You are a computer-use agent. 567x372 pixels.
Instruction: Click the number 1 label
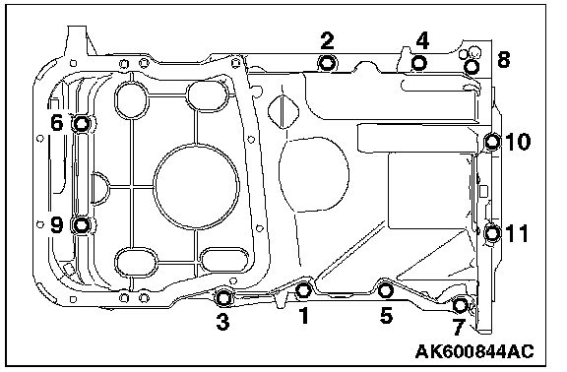click(x=304, y=315)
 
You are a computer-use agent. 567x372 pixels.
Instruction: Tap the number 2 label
click(x=327, y=40)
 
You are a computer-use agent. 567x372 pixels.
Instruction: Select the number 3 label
click(x=222, y=322)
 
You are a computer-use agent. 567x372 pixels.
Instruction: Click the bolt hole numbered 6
click(x=82, y=124)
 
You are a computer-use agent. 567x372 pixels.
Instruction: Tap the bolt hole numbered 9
click(x=82, y=225)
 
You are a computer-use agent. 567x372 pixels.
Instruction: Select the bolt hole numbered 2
click(x=327, y=64)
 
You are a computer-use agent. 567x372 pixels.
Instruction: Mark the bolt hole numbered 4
click(x=419, y=63)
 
